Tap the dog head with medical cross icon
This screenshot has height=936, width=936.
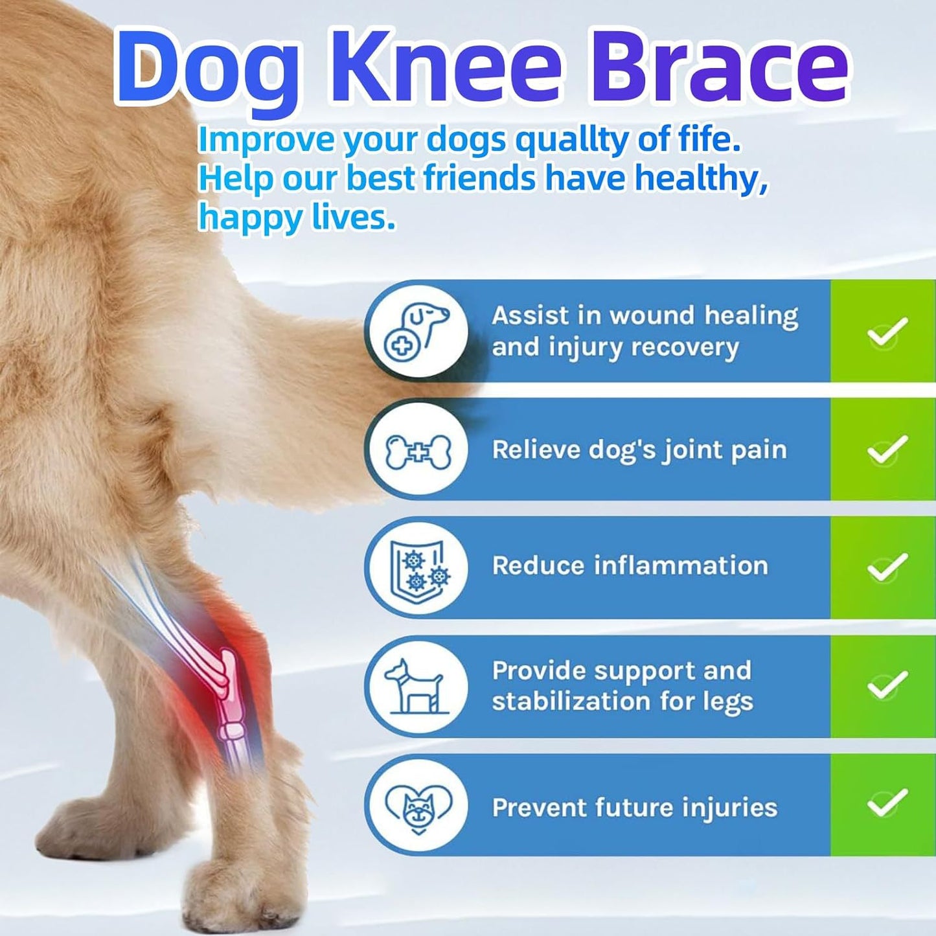417,331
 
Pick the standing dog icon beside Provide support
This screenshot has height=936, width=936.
416,686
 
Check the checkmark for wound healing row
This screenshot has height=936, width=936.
886,332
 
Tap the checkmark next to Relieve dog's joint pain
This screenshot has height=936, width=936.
886,450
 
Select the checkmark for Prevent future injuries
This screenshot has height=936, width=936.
886,804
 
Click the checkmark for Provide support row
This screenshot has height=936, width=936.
886,685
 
